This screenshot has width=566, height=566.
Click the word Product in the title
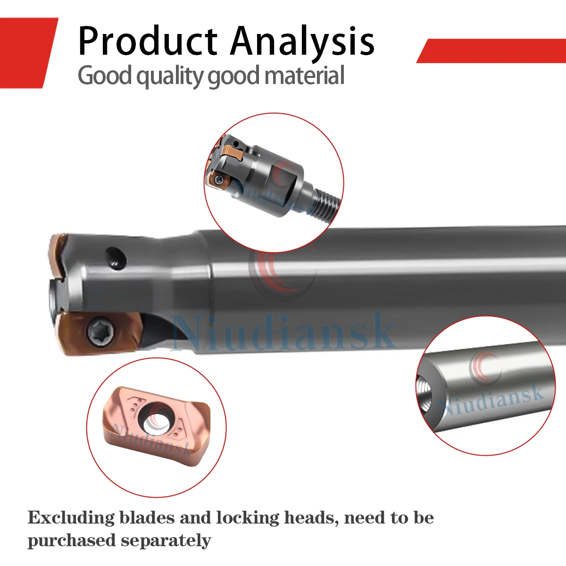(x=147, y=42)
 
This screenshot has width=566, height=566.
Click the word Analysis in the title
(x=302, y=42)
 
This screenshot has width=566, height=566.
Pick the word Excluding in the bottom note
(x=71, y=518)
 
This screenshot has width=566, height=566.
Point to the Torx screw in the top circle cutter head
(x=219, y=180)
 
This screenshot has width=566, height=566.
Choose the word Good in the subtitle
(x=105, y=76)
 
